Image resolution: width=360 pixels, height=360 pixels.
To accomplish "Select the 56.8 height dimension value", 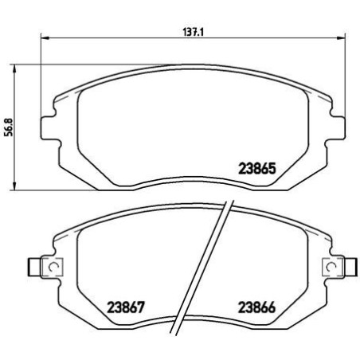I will click(9, 127).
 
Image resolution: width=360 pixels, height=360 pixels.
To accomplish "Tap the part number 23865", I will click(257, 168).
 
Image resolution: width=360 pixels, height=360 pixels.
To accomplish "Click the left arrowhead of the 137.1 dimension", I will click(42, 38).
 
